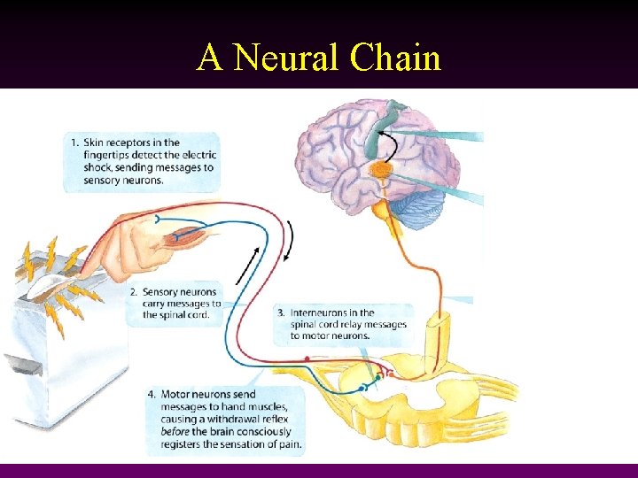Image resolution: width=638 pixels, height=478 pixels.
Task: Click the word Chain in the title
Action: pyautogui.click(x=395, y=58)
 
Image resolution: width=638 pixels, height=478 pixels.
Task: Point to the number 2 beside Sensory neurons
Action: pyautogui.click(x=133, y=291)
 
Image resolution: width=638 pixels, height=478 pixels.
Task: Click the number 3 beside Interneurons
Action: pyautogui.click(x=280, y=312)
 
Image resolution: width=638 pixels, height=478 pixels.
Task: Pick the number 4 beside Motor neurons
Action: pyautogui.click(x=152, y=393)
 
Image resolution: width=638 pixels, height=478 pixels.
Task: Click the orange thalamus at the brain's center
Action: pyautogui.click(x=381, y=168)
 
